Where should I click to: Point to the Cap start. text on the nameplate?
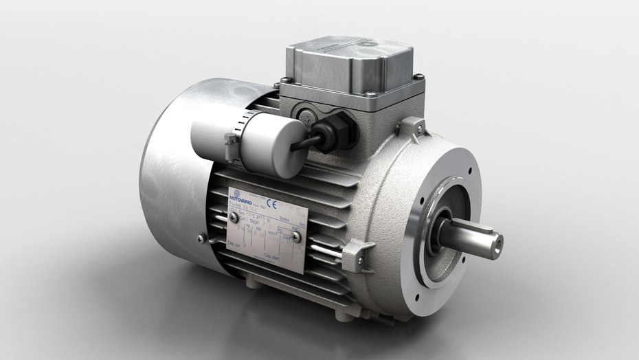point(273,255)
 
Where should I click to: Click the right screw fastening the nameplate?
point(296,237)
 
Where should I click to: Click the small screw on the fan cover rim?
point(201,238)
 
